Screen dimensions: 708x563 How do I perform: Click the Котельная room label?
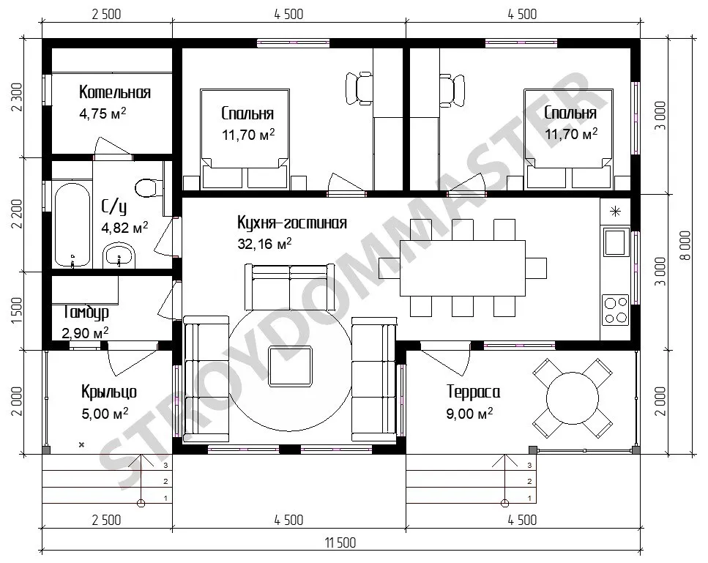(115, 92)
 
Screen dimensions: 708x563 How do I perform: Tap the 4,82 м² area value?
(124, 228)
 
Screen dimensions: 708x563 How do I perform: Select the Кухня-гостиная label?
(292, 223)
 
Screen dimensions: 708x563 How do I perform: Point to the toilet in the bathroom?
(149, 188)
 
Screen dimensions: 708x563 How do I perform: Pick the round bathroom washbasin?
(119, 256)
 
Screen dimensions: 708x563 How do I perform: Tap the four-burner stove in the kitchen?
(616, 310)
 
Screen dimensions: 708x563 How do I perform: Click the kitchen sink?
(616, 242)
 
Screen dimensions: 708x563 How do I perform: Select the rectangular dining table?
(463, 268)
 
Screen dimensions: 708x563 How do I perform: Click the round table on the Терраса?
(573, 398)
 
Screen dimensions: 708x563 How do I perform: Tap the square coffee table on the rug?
(291, 366)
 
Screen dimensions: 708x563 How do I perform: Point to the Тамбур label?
(86, 312)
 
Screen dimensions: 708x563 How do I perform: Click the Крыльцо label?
(109, 392)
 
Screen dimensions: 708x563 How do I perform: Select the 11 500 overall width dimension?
(340, 543)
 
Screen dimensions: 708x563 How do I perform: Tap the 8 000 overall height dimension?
(685, 246)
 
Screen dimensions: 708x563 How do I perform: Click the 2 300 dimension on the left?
(17, 98)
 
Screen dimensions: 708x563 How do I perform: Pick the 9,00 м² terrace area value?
(469, 413)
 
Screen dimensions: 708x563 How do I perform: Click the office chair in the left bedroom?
(359, 89)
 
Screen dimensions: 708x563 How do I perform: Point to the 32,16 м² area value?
(264, 245)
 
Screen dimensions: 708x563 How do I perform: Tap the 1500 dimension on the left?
(17, 310)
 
